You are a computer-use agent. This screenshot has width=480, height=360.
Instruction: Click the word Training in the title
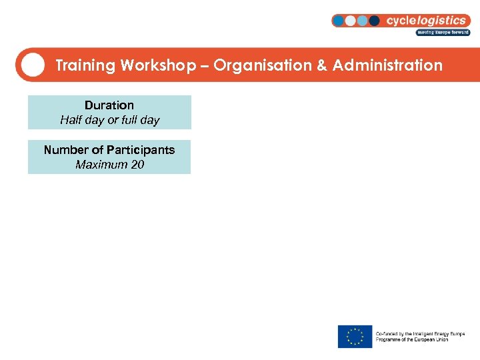coord(85,65)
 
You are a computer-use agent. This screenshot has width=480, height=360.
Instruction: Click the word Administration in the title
coord(387,65)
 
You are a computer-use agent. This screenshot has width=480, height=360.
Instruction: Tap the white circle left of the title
coord(33,65)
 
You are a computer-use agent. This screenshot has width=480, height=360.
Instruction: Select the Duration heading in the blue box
coord(109,105)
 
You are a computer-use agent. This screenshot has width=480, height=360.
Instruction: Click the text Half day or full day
coord(109,121)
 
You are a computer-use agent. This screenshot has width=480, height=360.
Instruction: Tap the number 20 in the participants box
coord(137,165)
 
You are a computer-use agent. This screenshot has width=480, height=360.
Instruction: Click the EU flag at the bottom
coord(355,336)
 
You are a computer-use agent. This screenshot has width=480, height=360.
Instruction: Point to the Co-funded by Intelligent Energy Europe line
coord(420,333)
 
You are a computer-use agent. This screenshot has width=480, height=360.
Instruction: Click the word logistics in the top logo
coord(443,21)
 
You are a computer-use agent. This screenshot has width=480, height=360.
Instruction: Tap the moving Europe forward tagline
coord(443,32)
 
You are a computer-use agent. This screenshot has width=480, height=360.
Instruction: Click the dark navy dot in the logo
coord(374,21)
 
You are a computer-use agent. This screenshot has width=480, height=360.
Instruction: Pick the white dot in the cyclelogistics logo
coord(350,21)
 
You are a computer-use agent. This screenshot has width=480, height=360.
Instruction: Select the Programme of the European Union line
coord(412,339)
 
